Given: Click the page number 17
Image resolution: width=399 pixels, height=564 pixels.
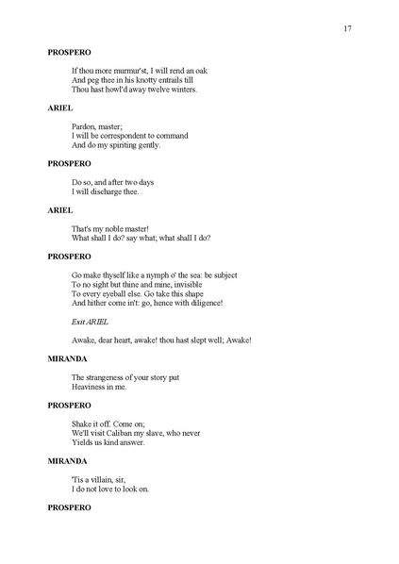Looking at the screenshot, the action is click(348, 29).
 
